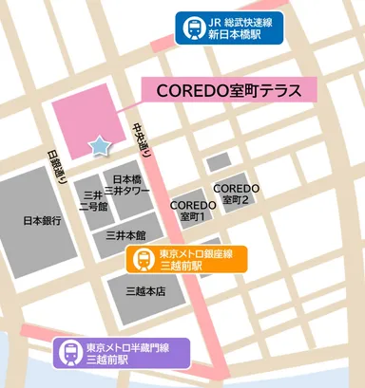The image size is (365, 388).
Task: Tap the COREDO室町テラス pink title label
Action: pyautogui.click(x=228, y=90)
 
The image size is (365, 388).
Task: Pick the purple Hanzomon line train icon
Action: pyautogui.click(x=71, y=352)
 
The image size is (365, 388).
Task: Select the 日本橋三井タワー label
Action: pyautogui.click(x=127, y=185)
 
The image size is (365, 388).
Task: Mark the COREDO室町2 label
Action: pyautogui.click(x=237, y=194)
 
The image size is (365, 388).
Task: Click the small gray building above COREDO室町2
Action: pyautogui.click(x=219, y=162)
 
